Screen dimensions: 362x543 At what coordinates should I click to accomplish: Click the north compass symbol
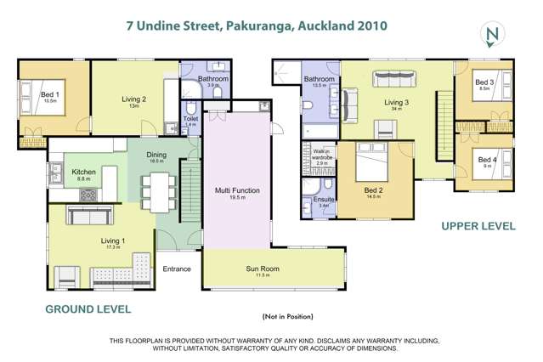489,35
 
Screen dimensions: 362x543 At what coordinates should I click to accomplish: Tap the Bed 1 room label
49,96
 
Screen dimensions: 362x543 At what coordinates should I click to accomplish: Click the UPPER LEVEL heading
478,226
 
